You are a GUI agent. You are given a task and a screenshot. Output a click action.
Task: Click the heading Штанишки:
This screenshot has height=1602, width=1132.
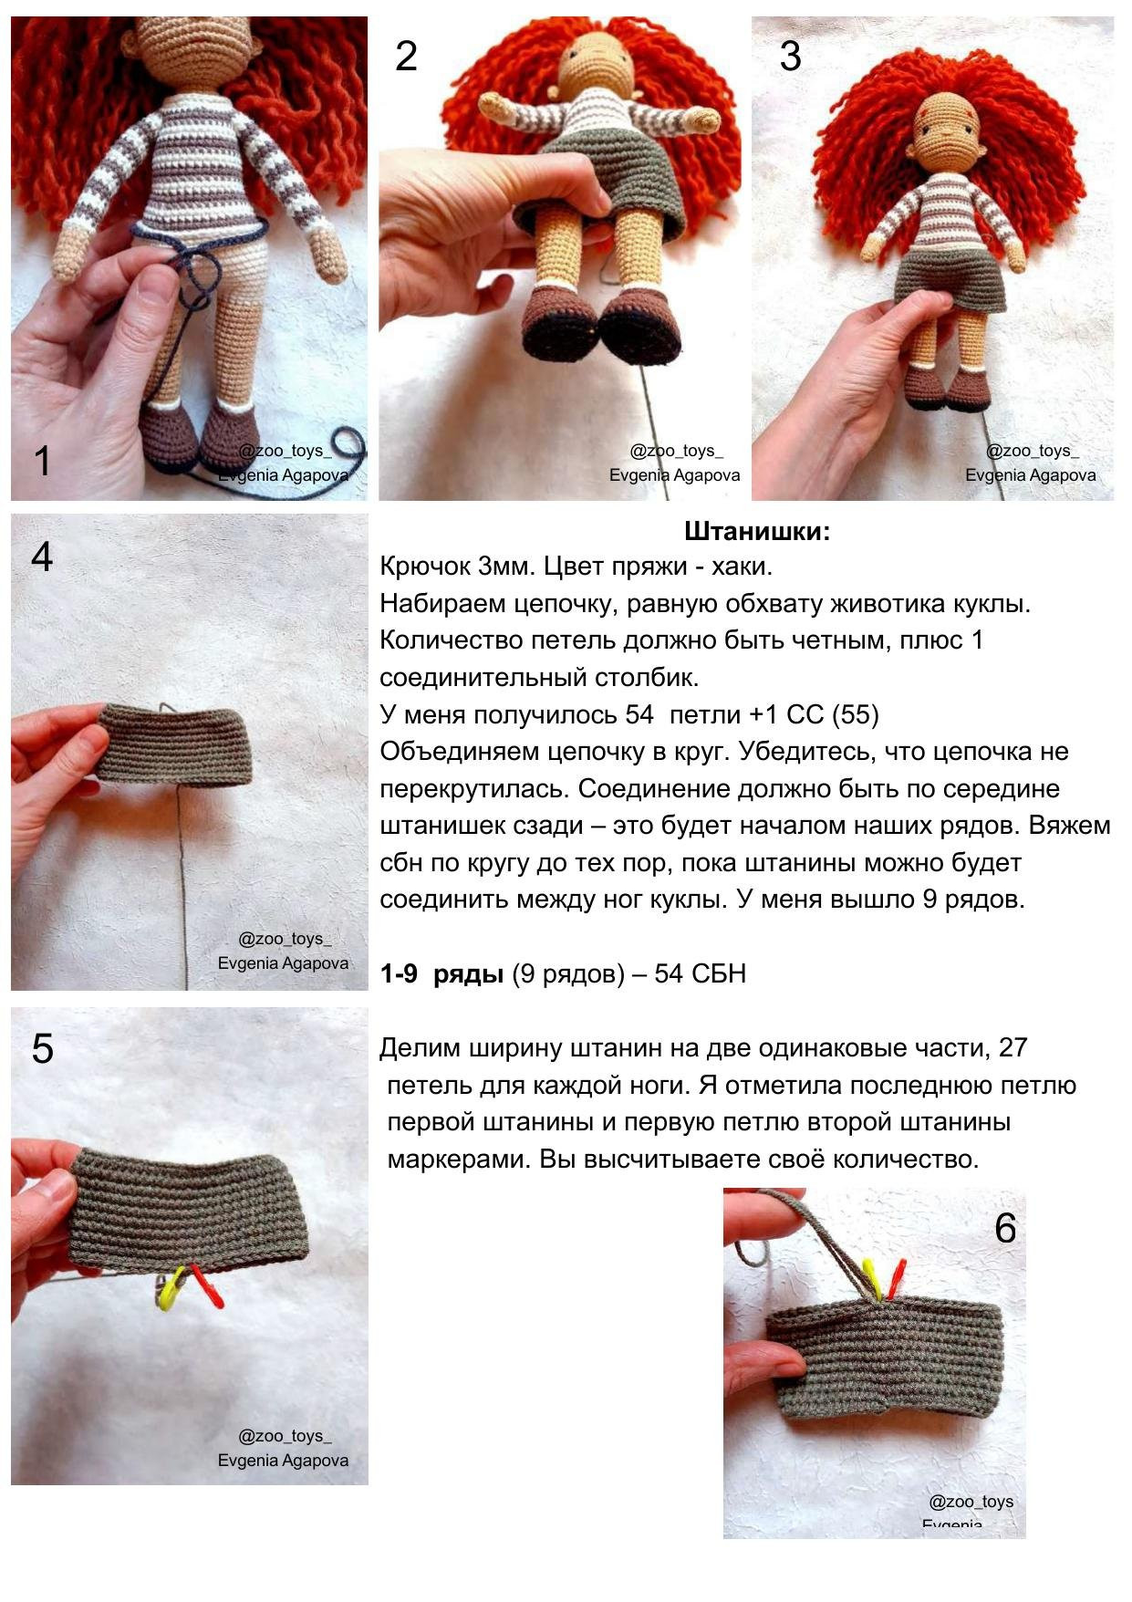click(x=757, y=531)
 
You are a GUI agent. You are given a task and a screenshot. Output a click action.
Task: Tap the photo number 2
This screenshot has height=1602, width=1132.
click(x=406, y=57)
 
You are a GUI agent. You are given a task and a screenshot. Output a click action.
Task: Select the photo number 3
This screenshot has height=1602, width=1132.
click(x=790, y=57)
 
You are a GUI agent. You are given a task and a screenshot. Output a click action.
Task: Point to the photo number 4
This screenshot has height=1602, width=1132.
click(x=42, y=557)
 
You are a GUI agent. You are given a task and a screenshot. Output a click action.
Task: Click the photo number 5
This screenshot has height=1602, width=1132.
click(x=42, y=1049)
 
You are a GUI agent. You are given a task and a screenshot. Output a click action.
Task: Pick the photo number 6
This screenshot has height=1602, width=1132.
click(x=1005, y=1228)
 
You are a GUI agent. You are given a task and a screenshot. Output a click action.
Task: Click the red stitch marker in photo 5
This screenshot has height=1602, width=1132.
click(x=206, y=1286)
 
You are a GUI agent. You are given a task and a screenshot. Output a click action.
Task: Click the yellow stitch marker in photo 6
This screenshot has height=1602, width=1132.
click(x=872, y=1279)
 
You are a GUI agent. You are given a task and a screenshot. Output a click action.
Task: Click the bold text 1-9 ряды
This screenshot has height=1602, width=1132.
click(x=442, y=974)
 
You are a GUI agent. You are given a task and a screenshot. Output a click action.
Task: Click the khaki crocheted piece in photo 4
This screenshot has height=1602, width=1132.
click(x=173, y=744)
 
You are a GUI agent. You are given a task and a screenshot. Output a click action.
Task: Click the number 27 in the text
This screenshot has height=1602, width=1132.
click(x=1013, y=1047)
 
